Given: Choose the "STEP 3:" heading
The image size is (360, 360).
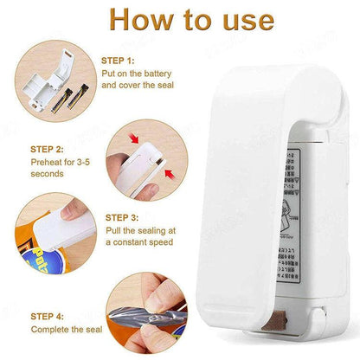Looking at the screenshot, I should pos(123,218).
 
